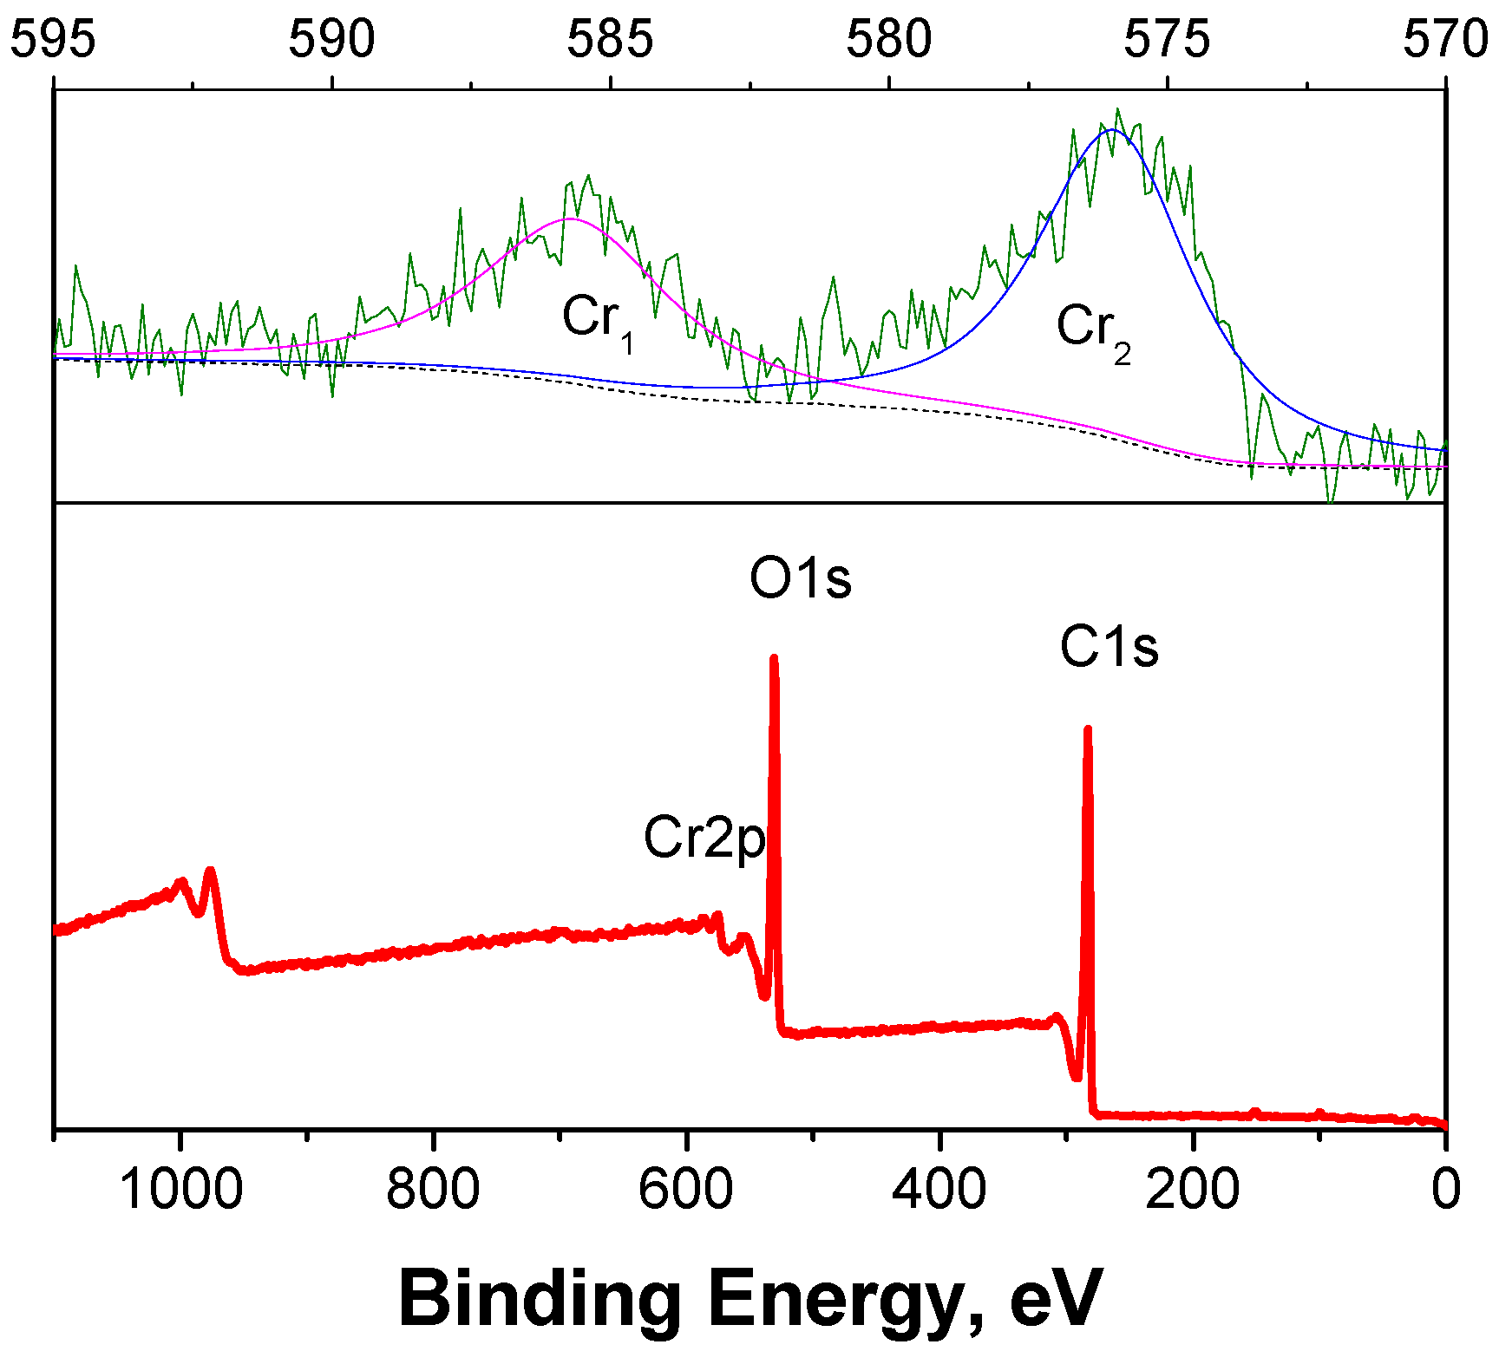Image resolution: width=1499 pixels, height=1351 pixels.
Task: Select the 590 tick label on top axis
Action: click(x=331, y=40)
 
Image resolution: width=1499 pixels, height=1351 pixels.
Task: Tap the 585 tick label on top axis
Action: click(x=610, y=40)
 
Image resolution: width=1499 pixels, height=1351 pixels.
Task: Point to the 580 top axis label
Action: click(x=889, y=40)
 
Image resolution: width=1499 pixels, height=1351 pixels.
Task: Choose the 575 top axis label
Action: click(x=1167, y=40)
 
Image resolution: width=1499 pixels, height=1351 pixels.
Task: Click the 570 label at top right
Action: click(x=1445, y=40)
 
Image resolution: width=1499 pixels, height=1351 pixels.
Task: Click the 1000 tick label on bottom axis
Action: click(x=180, y=1188)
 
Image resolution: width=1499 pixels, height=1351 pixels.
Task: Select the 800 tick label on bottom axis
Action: click(x=433, y=1188)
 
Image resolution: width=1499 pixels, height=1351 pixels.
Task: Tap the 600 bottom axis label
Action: click(x=685, y=1188)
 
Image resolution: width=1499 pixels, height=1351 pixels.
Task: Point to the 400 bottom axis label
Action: click(x=939, y=1188)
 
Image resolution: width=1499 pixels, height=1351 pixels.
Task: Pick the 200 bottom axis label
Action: click(x=1192, y=1188)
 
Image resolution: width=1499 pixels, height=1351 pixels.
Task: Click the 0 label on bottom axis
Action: click(x=1445, y=1188)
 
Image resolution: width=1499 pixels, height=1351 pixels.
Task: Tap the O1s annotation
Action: click(x=800, y=578)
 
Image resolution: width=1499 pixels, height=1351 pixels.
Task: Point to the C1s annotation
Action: click(x=1109, y=648)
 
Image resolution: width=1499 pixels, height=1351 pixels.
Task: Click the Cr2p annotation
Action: click(x=704, y=839)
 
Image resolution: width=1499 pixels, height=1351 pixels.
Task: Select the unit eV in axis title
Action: click(x=1057, y=1299)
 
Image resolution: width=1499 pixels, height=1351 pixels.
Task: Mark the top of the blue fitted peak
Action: click(x=1111, y=130)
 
